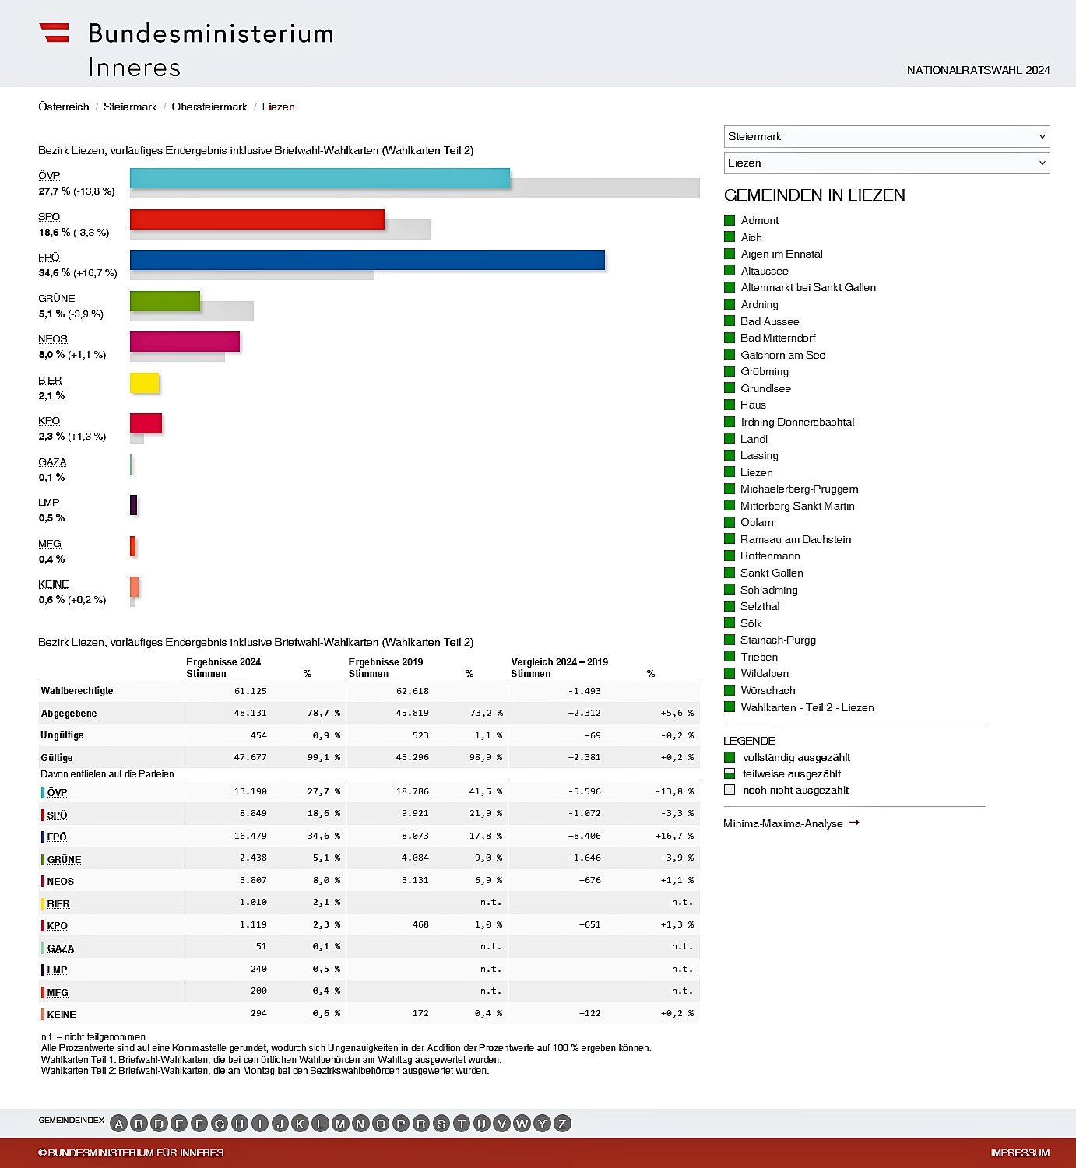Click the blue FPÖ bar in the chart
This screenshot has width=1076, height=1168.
(x=367, y=260)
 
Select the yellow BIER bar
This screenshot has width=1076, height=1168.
(x=145, y=383)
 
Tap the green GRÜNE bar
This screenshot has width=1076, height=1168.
(x=165, y=301)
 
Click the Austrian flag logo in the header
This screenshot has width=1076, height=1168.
(x=55, y=33)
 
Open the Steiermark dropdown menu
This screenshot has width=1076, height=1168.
(x=886, y=137)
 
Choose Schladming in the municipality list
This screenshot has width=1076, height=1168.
(x=768, y=590)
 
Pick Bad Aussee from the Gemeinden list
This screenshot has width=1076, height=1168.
(x=769, y=321)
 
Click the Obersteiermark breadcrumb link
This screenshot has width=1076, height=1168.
(x=209, y=107)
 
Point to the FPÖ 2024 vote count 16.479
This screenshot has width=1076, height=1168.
(x=250, y=836)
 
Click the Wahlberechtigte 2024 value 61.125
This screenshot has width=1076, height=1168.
(x=250, y=691)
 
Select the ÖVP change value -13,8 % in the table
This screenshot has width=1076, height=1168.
(x=673, y=791)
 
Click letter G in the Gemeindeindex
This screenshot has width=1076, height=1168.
(x=220, y=1124)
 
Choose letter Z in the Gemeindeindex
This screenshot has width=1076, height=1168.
(x=562, y=1124)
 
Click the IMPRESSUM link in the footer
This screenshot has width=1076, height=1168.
(x=1020, y=1153)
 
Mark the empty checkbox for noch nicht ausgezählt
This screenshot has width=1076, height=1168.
(x=730, y=790)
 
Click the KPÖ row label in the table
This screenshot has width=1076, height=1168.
(x=57, y=925)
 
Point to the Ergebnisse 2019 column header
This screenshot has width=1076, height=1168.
(x=385, y=662)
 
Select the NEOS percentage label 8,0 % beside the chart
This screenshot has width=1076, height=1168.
(x=51, y=355)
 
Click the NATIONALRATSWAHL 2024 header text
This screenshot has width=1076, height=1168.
(x=978, y=70)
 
